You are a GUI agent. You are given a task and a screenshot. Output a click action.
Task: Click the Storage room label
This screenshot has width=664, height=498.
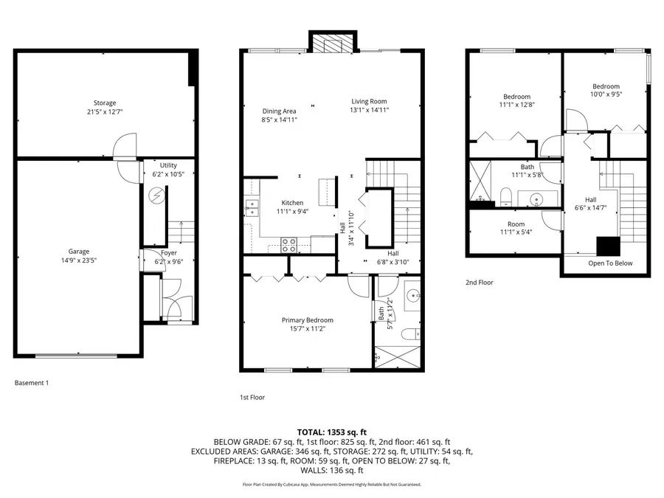click(x=104, y=103)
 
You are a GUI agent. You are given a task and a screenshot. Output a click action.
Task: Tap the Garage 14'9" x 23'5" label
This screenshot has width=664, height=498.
click(x=79, y=252)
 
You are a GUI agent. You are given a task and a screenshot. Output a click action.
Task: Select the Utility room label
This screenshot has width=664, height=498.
click(x=168, y=165)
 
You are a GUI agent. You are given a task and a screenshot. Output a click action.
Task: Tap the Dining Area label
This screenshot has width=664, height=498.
click(x=279, y=111)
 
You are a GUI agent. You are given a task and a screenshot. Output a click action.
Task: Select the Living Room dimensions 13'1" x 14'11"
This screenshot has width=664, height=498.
click(x=369, y=110)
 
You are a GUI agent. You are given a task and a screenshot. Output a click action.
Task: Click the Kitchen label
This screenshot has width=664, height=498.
click(x=292, y=203)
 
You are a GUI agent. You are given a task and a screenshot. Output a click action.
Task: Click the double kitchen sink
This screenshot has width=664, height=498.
click(x=252, y=207)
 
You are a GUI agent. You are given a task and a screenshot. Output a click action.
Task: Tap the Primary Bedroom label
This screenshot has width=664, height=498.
click(x=307, y=320)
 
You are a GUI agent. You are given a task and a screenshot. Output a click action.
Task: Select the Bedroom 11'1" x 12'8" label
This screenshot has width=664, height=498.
click(x=516, y=97)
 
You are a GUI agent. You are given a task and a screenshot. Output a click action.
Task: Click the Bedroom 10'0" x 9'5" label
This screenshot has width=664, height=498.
click(x=605, y=86)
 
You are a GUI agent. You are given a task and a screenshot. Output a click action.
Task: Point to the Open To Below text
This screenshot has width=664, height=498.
click(x=609, y=263)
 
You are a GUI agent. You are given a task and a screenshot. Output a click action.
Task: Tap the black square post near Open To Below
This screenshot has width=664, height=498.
click(x=608, y=245)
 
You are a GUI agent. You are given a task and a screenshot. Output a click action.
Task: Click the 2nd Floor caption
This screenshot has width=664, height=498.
click(x=480, y=282)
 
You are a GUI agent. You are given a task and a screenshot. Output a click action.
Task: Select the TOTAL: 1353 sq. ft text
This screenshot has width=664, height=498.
click(x=331, y=432)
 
